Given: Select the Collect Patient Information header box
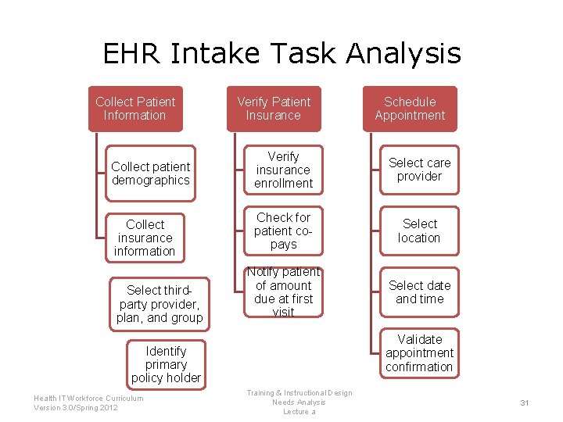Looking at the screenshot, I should point(135,109).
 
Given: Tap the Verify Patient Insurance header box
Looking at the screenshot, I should point(274,109).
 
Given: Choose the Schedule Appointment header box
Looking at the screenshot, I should point(410,109).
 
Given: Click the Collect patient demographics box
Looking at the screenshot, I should point(150,173).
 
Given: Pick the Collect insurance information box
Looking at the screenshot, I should point(145,238).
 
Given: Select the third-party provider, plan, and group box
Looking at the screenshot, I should point(160,304).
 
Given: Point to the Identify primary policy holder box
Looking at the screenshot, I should point(166,364).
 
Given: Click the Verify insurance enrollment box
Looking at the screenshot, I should point(283,170).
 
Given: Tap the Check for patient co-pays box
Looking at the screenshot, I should point(283,231).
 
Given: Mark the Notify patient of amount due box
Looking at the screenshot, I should point(283,292).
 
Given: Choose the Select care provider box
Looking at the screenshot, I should point(419,170).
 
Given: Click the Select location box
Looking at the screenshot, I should point(419,231).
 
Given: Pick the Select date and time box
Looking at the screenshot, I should point(419,292).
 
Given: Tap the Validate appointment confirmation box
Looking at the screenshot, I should point(419,353).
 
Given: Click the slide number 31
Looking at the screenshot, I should point(525,402).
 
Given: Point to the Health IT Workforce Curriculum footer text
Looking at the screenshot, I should point(88,398).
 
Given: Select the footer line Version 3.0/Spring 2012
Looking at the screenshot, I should point(76,408).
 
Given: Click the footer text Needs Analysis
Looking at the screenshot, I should point(299,402).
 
